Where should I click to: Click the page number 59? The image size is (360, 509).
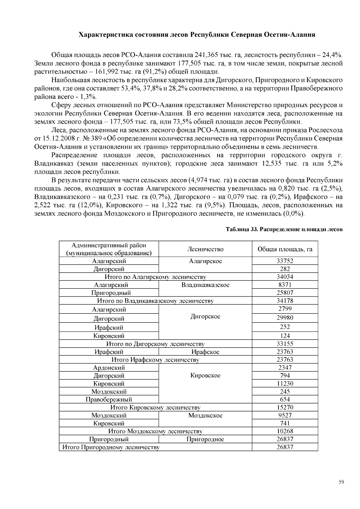tap(341, 482)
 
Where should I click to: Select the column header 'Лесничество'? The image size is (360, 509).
tap(205, 249)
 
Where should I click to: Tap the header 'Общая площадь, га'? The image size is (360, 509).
tap(285, 249)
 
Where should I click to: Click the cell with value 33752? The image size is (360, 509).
tap(285, 261)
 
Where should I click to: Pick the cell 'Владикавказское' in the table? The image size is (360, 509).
tap(205, 285)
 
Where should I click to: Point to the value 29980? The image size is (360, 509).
tap(285, 318)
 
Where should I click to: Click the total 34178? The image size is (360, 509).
tap(285, 301)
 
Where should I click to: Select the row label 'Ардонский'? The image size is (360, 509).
tap(109, 368)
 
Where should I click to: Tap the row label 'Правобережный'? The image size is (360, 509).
tap(109, 400)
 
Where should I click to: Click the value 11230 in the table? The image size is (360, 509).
tap(285, 384)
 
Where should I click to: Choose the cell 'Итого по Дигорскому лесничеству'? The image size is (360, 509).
tap(155, 344)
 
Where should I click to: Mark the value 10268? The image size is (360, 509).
tap(285, 431)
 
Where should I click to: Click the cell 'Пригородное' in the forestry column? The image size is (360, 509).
tap(205, 439)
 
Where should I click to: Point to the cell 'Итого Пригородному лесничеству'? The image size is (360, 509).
tap(111, 448)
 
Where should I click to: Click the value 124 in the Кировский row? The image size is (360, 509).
tap(285, 336)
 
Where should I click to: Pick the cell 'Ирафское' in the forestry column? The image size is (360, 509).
tap(205, 352)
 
